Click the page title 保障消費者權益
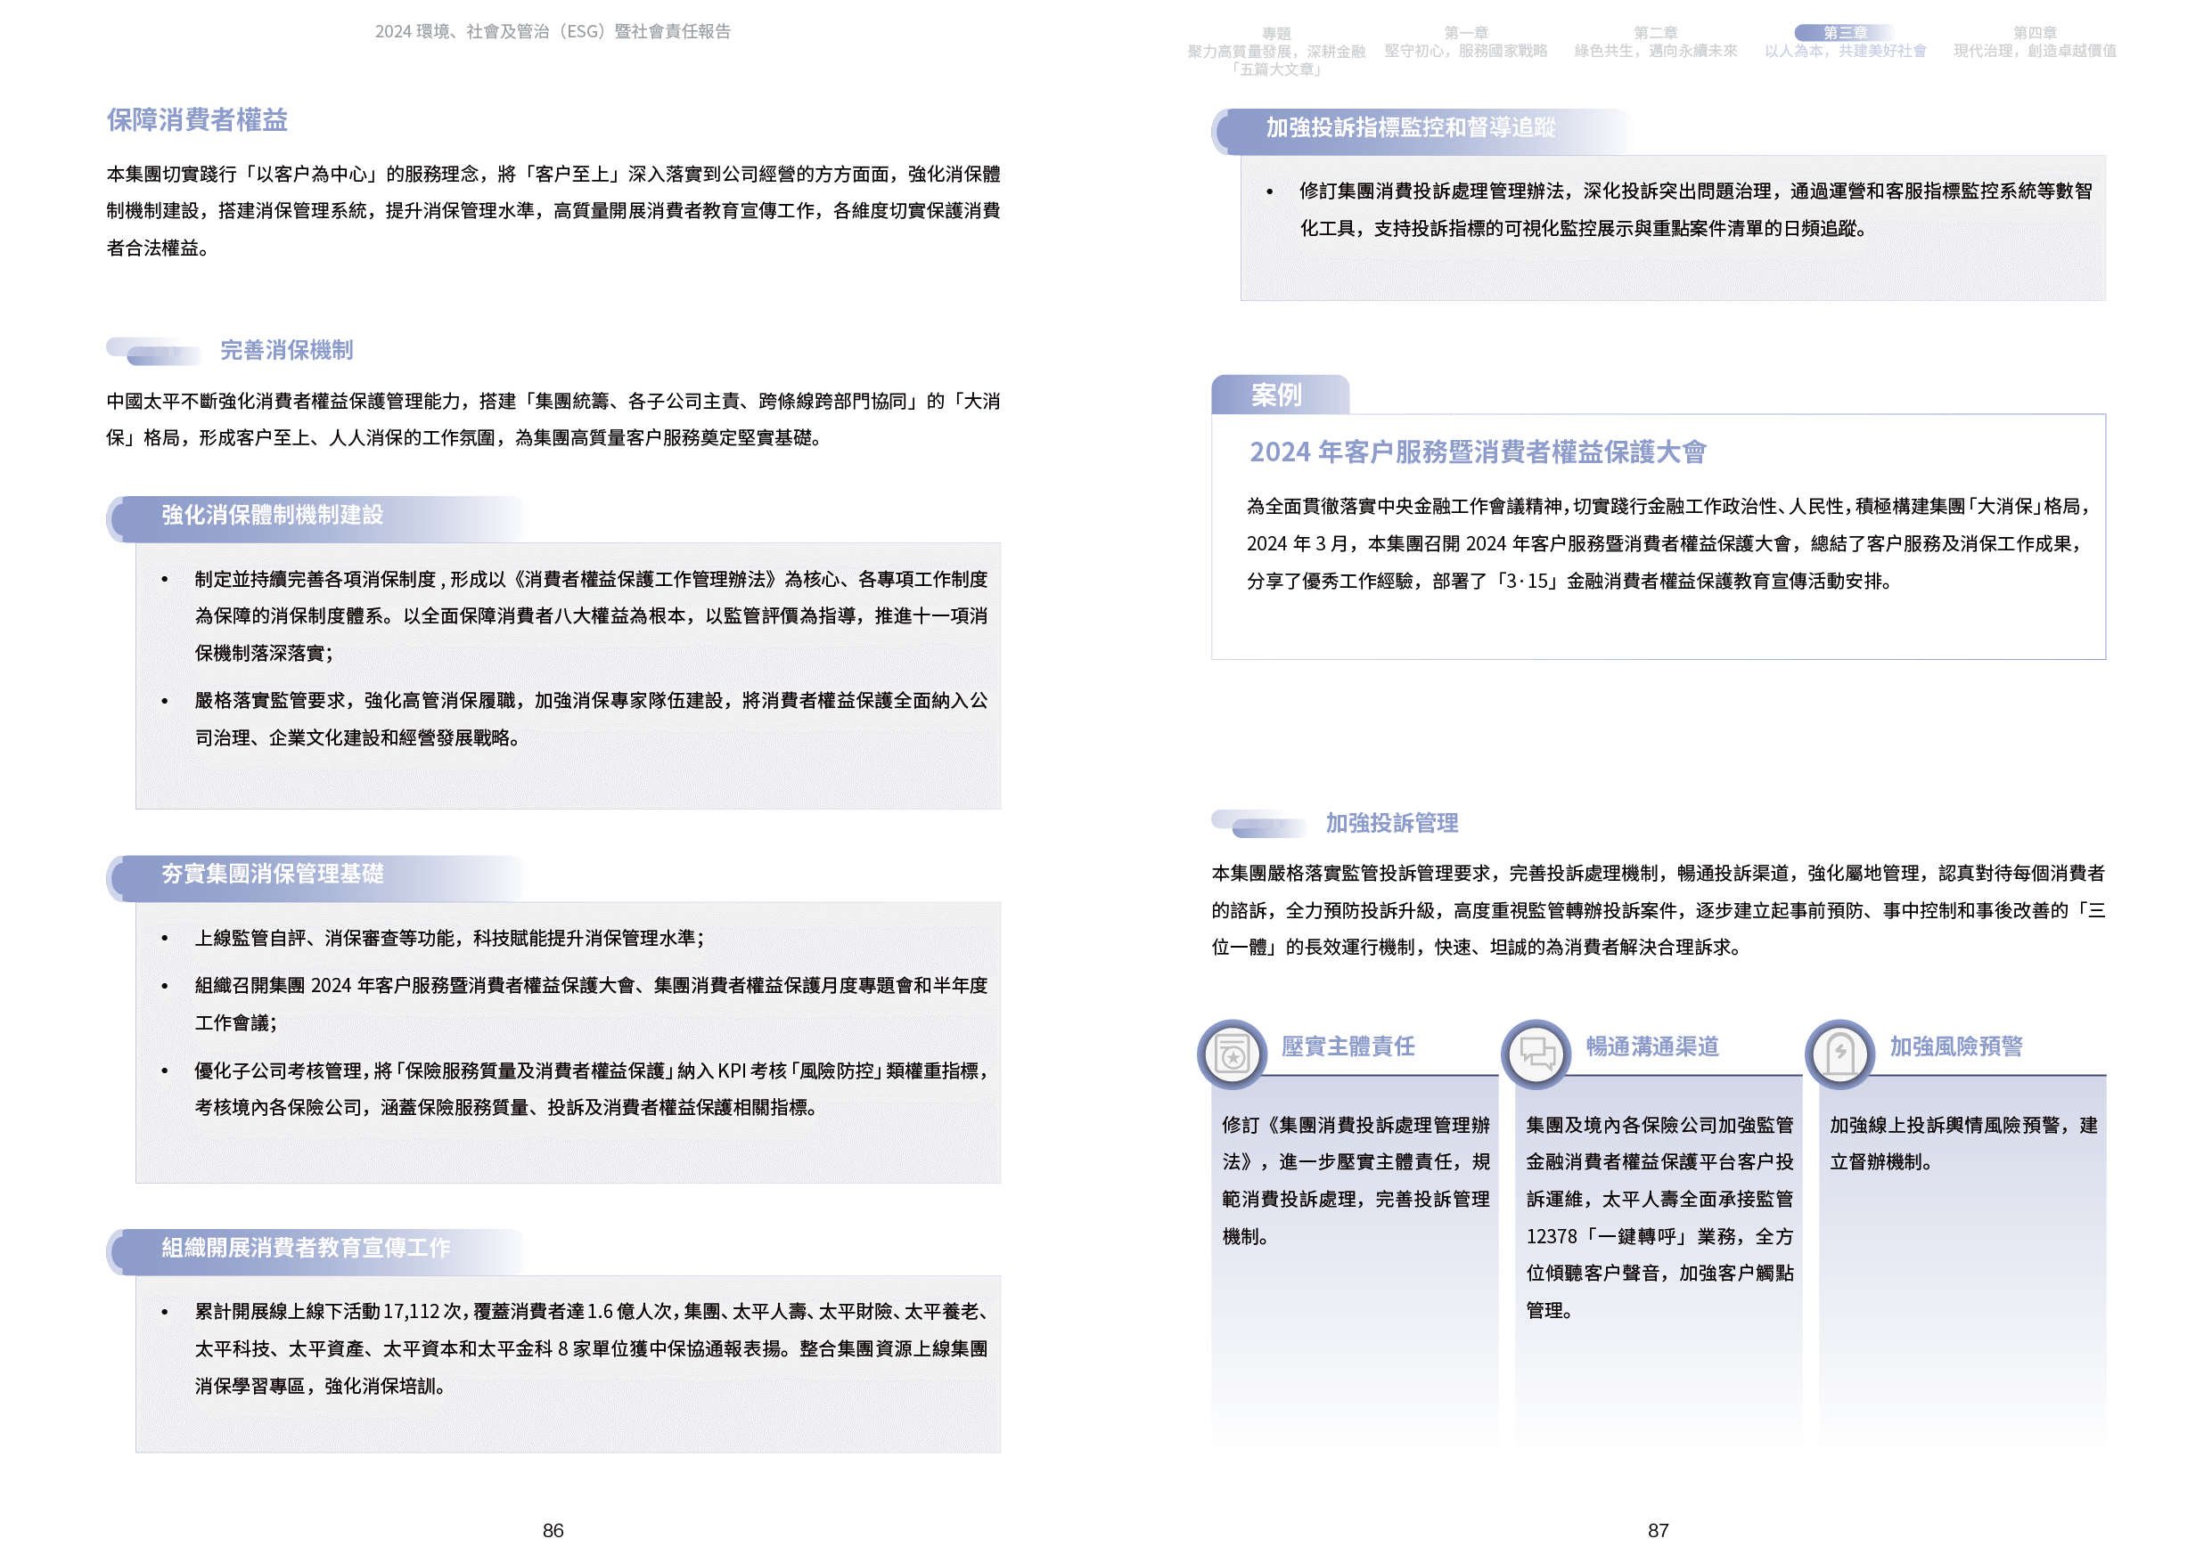coord(198,119)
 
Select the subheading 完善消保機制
coord(286,351)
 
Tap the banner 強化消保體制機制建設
coord(273,516)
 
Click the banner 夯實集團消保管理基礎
coord(273,874)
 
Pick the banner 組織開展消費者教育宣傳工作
coord(306,1248)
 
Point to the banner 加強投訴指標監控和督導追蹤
coord(1411,128)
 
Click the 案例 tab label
coord(1276,395)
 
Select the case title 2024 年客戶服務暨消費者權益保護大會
coord(1477,452)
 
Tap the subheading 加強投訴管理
coord(1391,824)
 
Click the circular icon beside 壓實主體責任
coord(1233,1054)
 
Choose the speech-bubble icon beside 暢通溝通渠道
coord(1536,1054)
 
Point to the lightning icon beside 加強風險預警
coord(1840,1054)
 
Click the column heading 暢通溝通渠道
coord(1652,1046)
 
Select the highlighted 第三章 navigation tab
coord(1845,33)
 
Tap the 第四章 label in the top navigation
coord(2035,33)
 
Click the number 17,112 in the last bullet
coord(412,1312)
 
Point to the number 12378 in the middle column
coord(1551,1236)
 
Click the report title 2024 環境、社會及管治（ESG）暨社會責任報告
coord(552,32)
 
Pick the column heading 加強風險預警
coord(1955,1046)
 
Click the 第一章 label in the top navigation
coord(1465,33)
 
